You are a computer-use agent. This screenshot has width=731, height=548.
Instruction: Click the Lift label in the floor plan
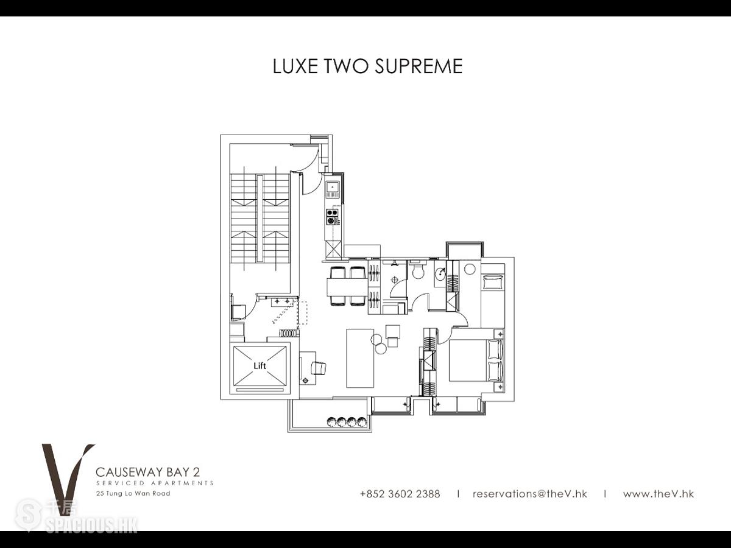(x=260, y=366)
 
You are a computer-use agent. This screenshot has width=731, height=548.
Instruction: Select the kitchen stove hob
(x=333, y=216)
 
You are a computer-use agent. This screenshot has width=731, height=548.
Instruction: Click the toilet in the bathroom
(x=418, y=270)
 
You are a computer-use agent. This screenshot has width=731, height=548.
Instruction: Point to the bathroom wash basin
(x=440, y=274)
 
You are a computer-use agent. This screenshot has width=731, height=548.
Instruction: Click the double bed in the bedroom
(x=476, y=360)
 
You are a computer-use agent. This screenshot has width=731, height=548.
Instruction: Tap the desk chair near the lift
(x=318, y=368)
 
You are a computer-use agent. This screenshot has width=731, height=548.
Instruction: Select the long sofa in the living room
(x=360, y=358)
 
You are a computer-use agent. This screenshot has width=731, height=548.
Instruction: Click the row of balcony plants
(x=347, y=421)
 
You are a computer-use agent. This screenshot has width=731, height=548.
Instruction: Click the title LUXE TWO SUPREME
(x=368, y=66)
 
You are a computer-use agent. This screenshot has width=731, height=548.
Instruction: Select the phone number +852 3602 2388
(x=400, y=494)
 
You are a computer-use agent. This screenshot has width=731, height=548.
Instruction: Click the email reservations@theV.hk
(x=530, y=494)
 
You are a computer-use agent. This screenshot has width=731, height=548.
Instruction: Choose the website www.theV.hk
(x=659, y=494)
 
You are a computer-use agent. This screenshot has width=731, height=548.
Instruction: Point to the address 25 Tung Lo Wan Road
(x=133, y=493)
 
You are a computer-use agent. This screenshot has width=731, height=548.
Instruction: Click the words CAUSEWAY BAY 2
(x=148, y=472)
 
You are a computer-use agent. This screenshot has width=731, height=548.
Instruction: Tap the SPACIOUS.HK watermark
(x=91, y=525)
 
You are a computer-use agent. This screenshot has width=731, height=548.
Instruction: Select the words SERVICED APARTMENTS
(x=155, y=483)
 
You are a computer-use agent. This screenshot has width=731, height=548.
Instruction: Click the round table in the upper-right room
(x=470, y=269)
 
